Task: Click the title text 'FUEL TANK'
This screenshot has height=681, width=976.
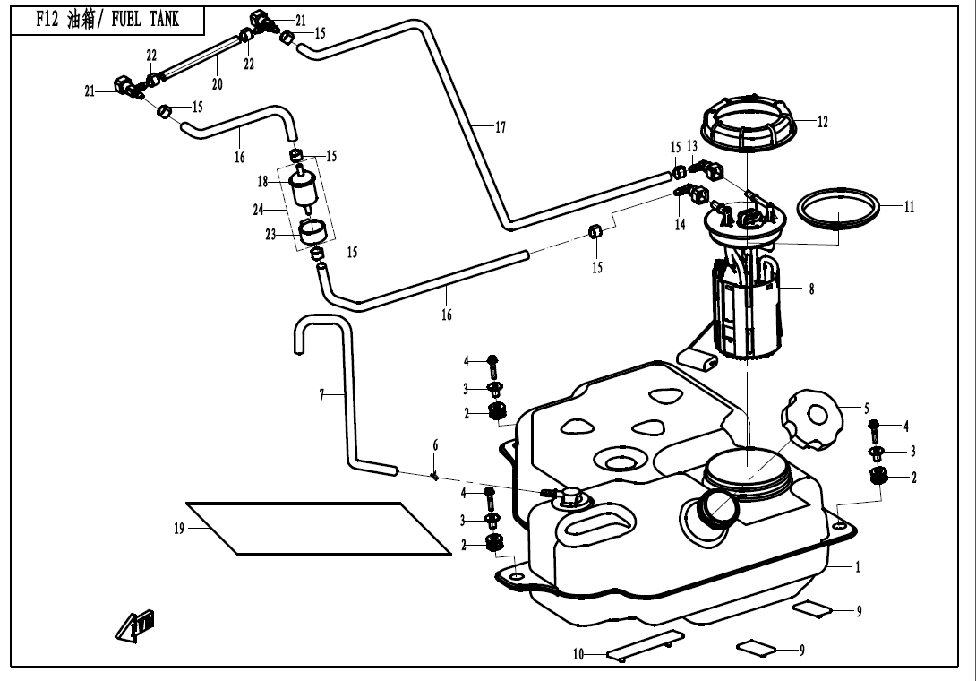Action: pos(145,20)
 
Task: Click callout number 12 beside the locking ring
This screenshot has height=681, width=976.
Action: pos(823,122)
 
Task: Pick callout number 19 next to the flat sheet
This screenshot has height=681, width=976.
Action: pos(179,529)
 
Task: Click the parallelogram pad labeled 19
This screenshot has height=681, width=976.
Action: pos(322,528)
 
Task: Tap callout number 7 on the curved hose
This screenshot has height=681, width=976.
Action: pos(321,395)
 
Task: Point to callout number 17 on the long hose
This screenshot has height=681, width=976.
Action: pos(501,128)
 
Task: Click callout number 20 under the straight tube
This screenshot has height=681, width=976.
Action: pos(217,83)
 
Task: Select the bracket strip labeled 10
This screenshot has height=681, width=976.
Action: pos(645,645)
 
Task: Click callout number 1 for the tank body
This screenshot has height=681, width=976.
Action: pos(857,568)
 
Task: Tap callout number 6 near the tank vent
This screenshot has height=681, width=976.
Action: pos(436,445)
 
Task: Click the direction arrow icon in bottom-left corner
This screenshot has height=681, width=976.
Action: pos(130,625)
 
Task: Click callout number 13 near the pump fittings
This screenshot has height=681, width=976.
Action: pos(692,146)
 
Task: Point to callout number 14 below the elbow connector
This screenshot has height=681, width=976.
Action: pos(681,225)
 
